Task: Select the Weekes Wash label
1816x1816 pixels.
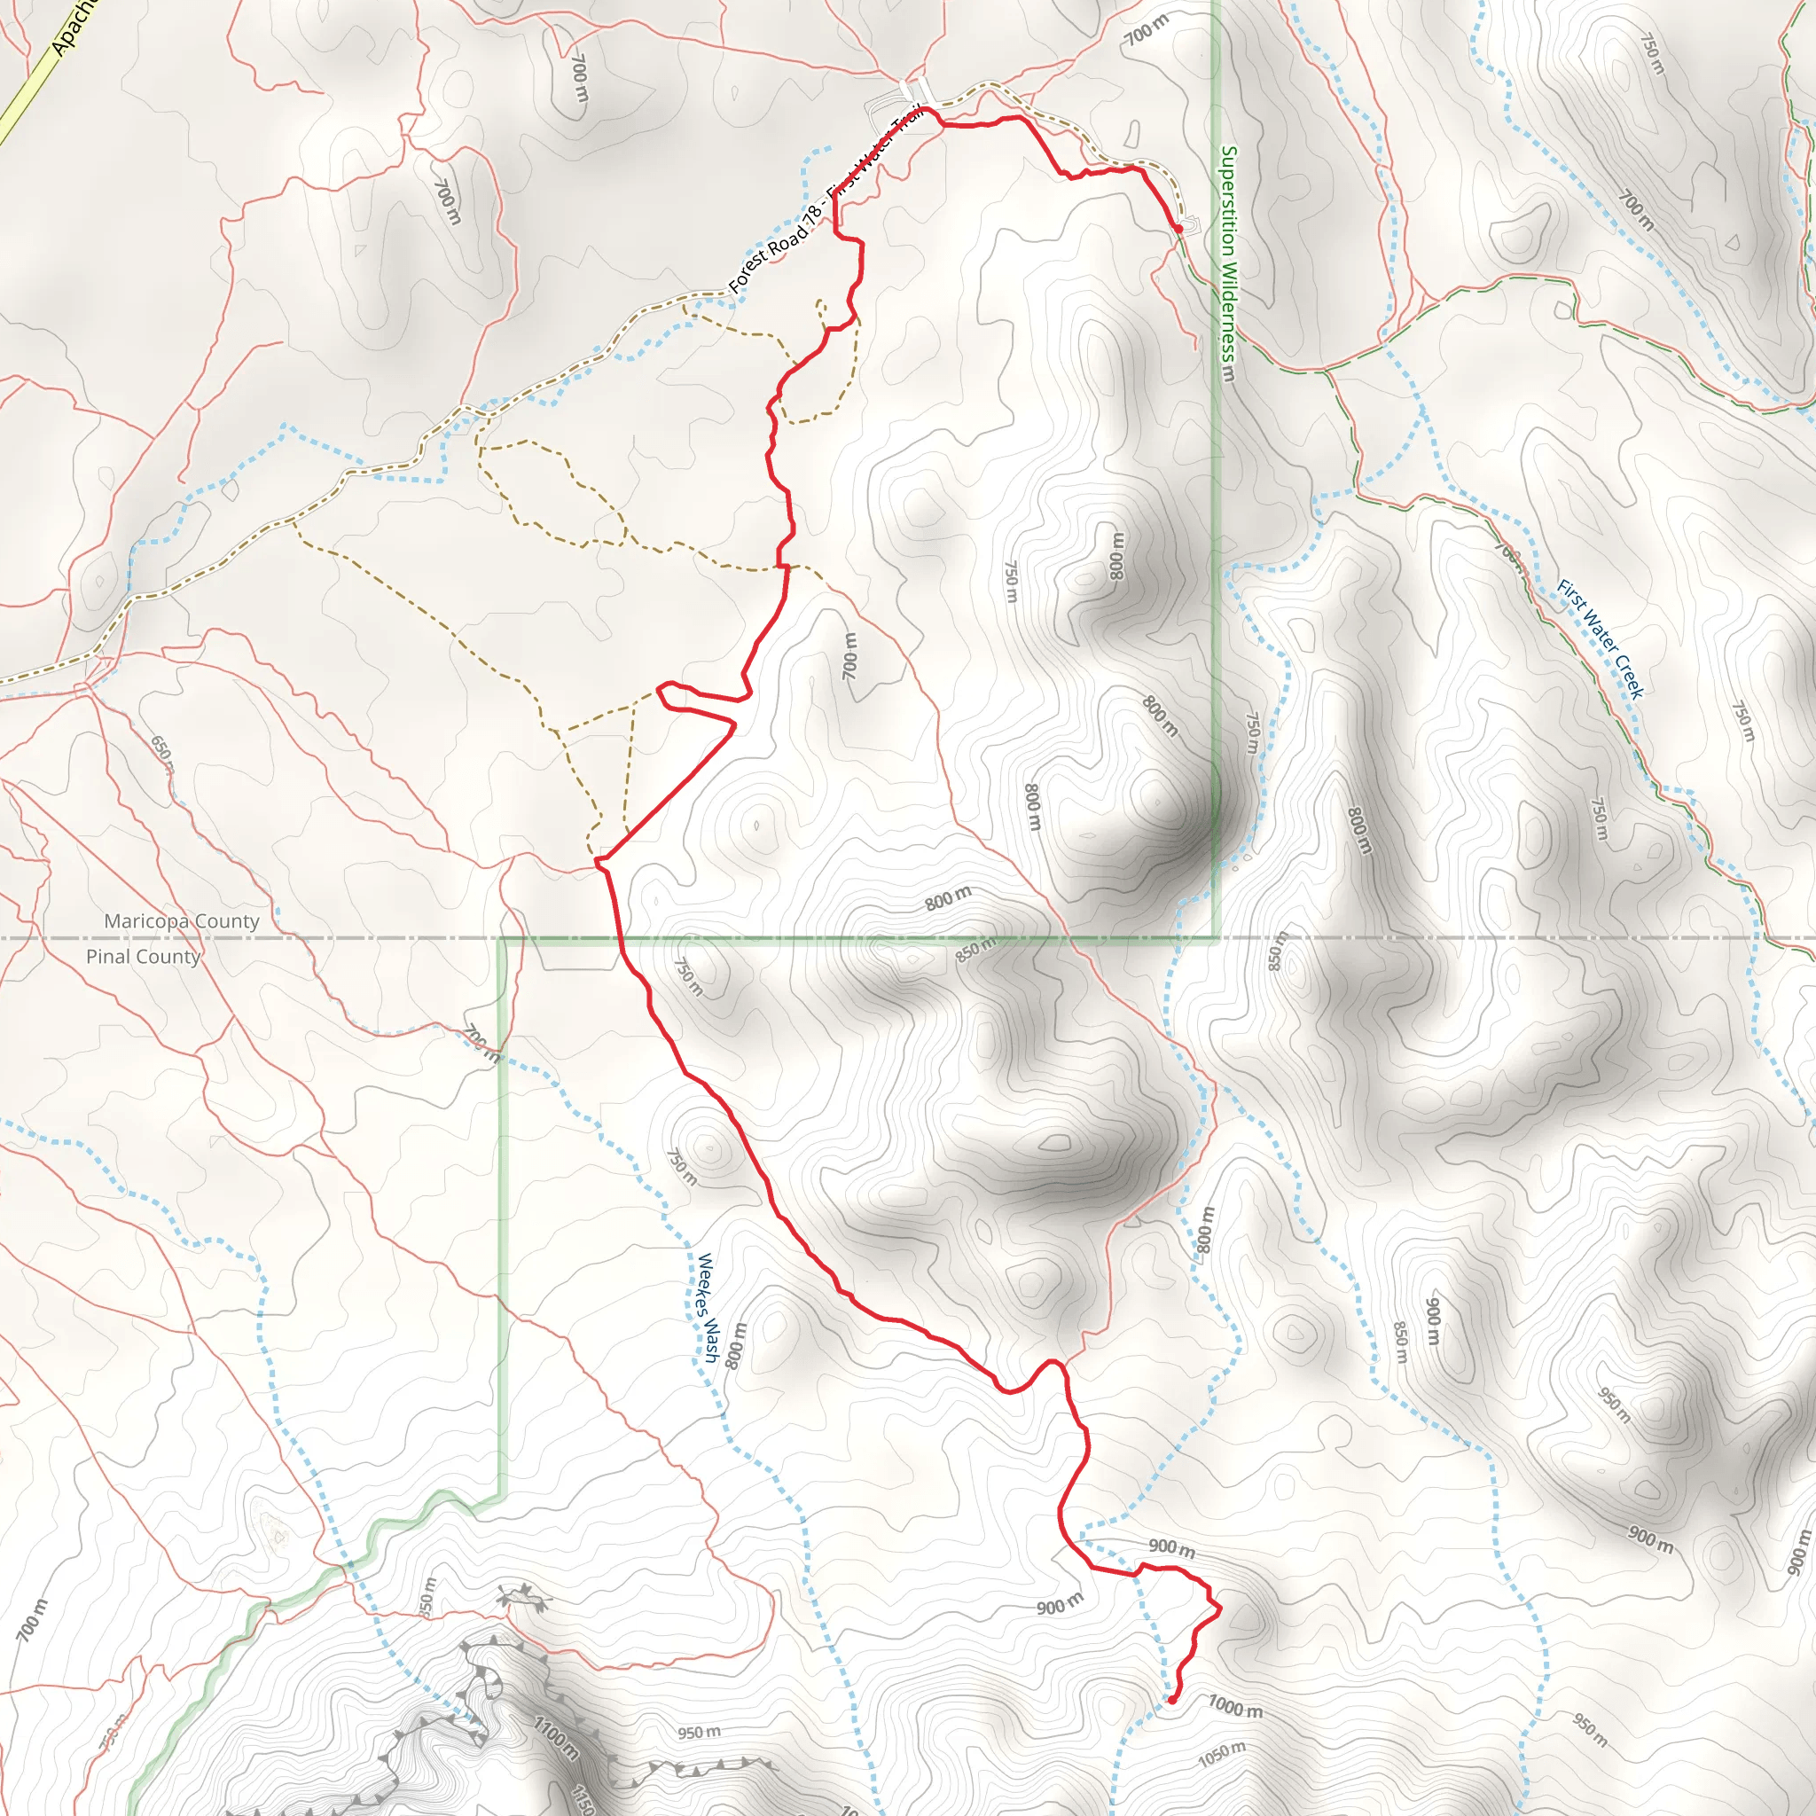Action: tap(707, 1306)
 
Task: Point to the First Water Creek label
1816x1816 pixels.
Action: tap(1600, 639)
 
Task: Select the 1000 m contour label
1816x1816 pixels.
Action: tap(1235, 1706)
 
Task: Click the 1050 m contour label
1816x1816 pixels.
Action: tap(1222, 1754)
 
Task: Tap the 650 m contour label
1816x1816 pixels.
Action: tap(161, 752)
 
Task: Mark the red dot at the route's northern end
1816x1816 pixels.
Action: tap(1178, 229)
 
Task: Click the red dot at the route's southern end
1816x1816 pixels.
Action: tap(1172, 1700)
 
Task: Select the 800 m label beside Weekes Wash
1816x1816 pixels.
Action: tap(737, 1343)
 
